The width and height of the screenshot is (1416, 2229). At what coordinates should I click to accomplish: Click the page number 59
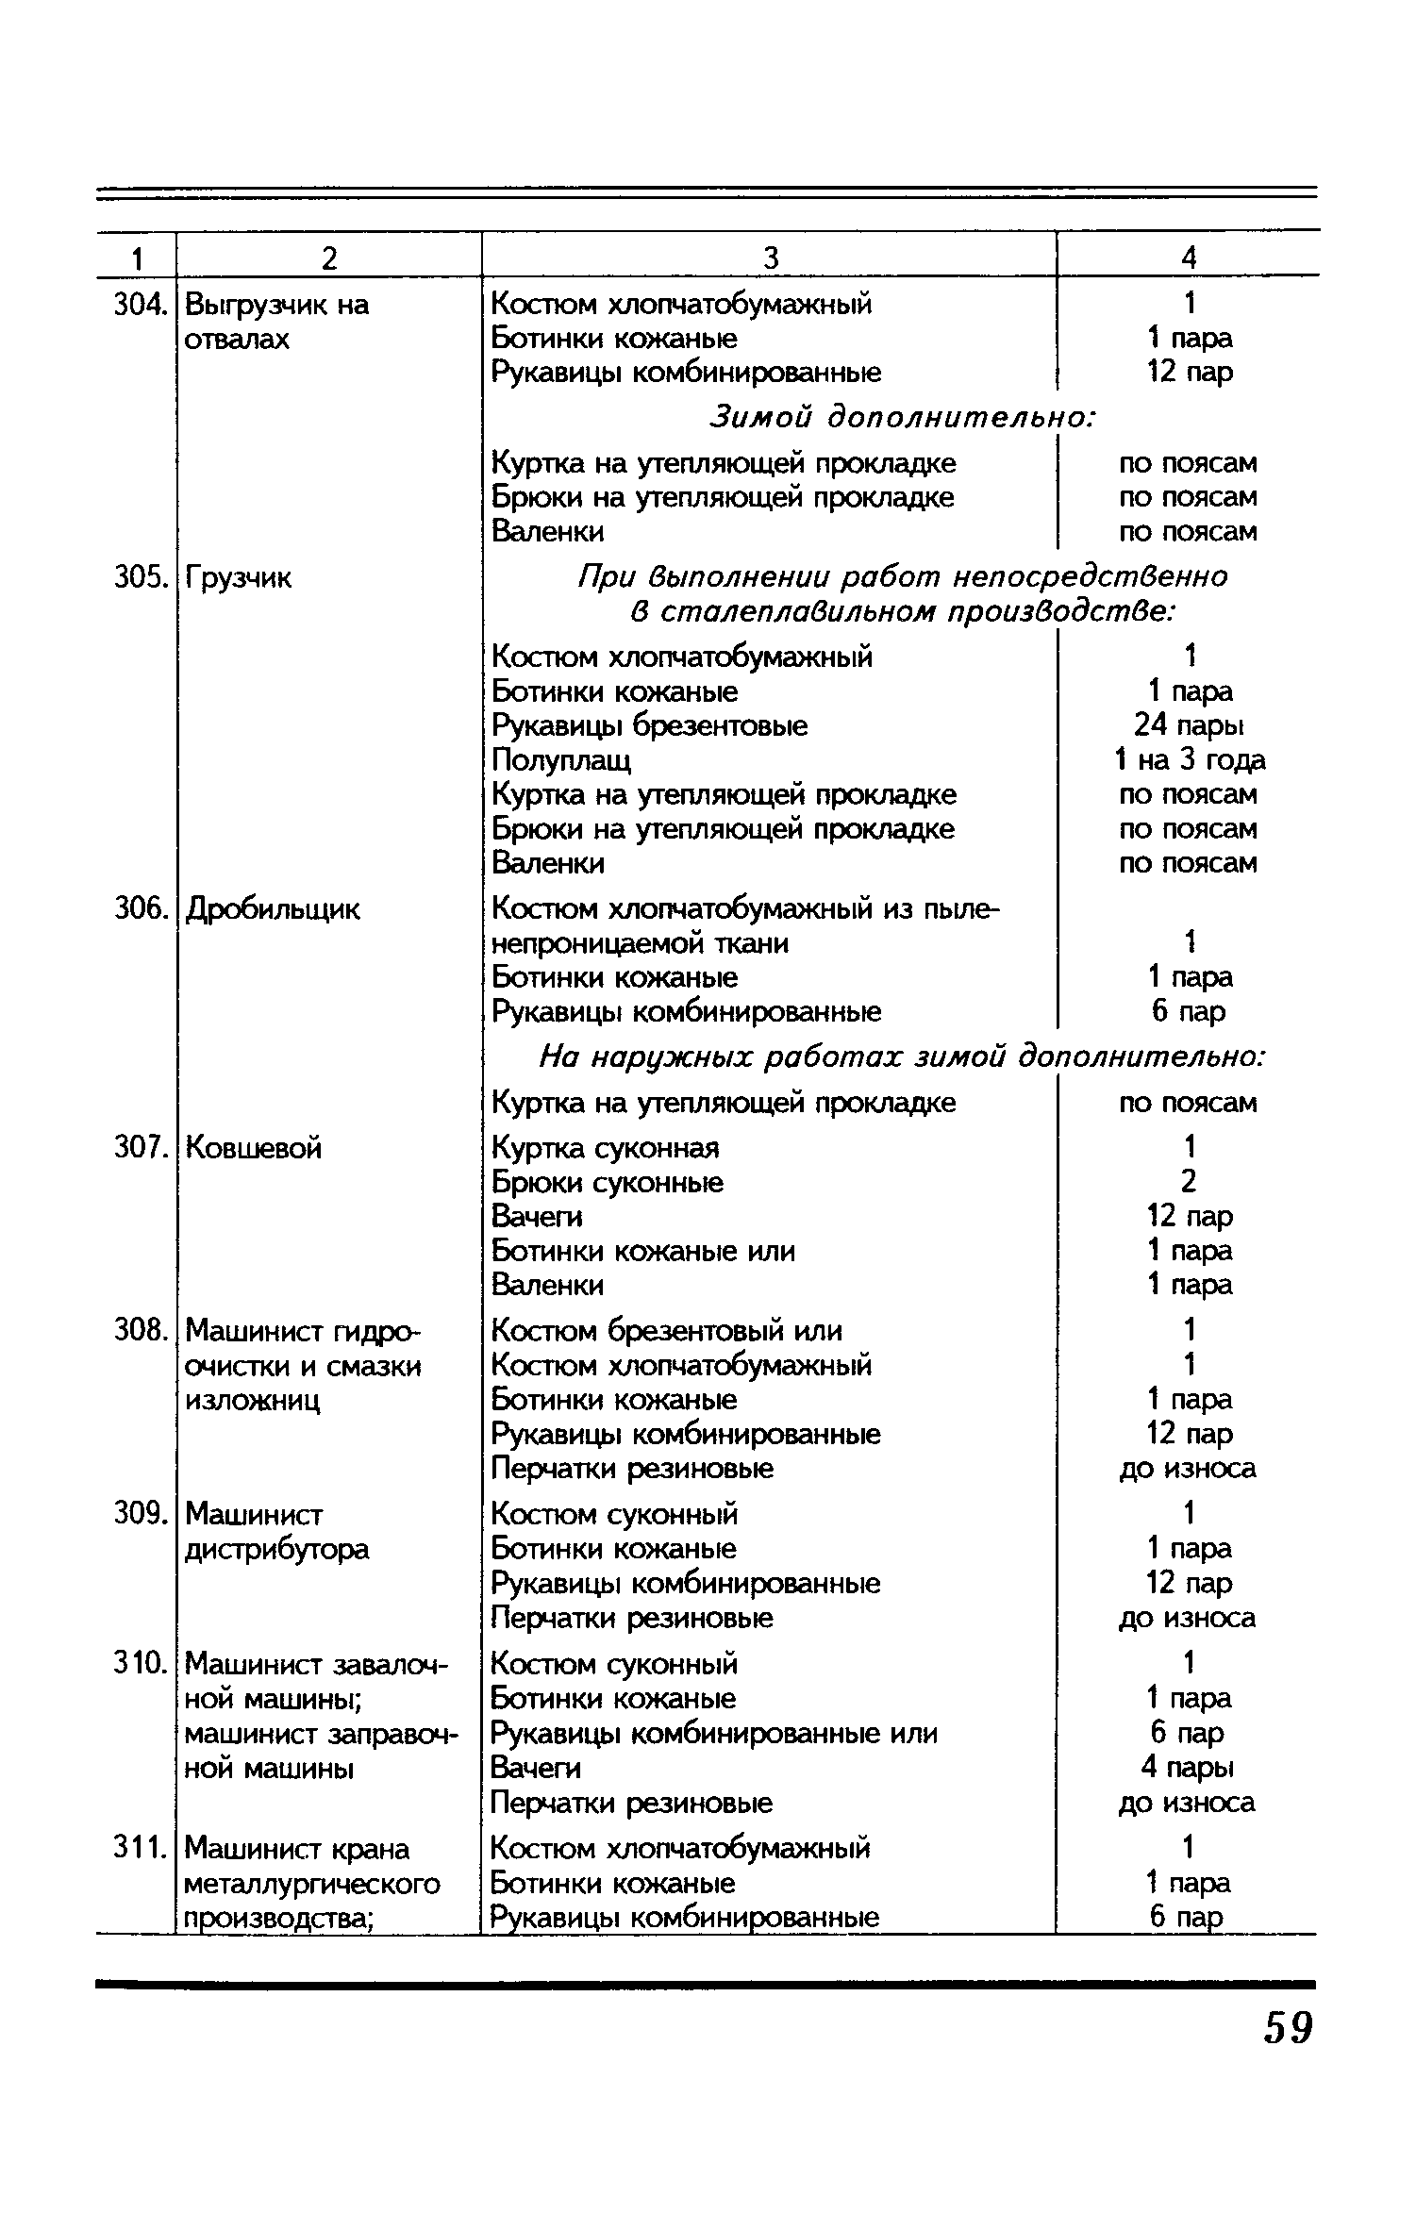(x=1287, y=2027)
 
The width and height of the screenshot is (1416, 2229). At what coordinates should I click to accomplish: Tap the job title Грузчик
(x=239, y=577)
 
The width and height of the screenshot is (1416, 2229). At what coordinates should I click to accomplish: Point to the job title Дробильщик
(x=273, y=909)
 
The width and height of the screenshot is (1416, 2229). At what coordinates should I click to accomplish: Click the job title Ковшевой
(x=254, y=1148)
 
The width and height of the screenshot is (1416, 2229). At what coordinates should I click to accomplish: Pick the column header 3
(x=770, y=258)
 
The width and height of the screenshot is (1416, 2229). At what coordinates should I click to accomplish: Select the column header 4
(x=1189, y=258)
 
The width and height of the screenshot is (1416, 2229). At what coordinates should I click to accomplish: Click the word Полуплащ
(x=562, y=760)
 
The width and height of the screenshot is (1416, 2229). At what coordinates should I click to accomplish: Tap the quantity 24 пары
(x=1189, y=726)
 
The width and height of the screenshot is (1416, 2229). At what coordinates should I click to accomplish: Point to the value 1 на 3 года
(x=1189, y=760)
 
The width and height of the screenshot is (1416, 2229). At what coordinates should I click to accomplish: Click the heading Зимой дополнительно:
(x=902, y=416)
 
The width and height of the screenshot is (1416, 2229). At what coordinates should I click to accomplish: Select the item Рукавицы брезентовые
(x=650, y=726)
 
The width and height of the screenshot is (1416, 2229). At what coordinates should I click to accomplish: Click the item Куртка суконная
(x=606, y=1148)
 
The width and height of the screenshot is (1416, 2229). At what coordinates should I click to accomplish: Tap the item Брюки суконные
(x=608, y=1183)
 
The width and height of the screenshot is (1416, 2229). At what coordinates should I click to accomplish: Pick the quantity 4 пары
(x=1189, y=1767)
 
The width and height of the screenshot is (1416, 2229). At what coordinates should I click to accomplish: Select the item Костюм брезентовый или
(x=667, y=1331)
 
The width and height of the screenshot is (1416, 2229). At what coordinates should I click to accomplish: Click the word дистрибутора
(x=277, y=1549)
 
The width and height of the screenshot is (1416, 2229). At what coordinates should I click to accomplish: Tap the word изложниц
(x=253, y=1401)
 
